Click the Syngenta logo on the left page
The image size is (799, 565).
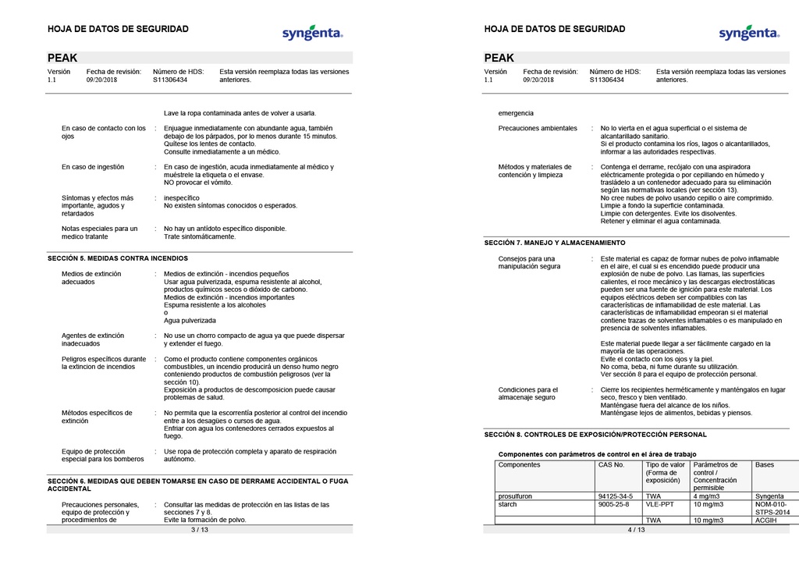312,33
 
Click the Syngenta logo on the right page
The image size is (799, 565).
749,33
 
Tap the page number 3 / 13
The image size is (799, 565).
199,529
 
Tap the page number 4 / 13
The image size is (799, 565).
636,529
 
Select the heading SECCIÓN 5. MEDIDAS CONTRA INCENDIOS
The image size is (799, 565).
118,258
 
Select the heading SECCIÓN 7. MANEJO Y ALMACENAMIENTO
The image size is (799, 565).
555,243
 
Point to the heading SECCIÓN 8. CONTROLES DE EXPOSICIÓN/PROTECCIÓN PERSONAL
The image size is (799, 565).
595,434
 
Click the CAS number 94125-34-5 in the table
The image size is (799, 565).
615,496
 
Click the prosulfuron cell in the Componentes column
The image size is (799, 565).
517,496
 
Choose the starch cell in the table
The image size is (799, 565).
508,504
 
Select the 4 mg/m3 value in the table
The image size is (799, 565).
707,496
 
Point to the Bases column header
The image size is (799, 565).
765,464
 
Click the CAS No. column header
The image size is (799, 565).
611,464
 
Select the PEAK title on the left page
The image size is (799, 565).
62,58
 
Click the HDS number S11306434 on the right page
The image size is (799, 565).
606,80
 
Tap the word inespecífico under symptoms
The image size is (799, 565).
182,198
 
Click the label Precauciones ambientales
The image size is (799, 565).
538,128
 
